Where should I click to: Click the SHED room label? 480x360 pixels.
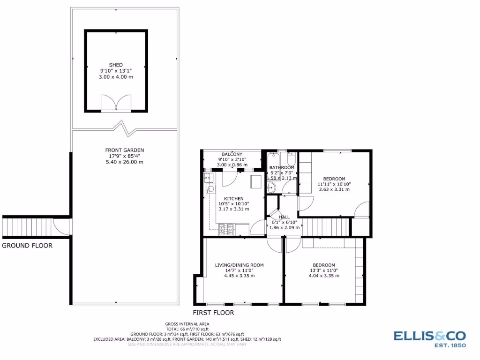pos(116,65)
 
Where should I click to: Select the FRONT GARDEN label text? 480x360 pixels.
pos(124,150)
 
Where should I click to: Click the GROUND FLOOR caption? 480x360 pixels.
pos(27,245)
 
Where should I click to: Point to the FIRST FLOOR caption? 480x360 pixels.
pos(213,312)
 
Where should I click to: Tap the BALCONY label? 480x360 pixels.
pos(232,154)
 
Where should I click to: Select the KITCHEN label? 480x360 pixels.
pos(233,198)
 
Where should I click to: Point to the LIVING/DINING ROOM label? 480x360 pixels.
pos(239,265)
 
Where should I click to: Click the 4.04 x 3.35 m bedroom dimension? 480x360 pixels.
pos(323,276)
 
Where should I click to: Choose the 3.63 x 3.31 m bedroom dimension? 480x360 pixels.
pos(334,189)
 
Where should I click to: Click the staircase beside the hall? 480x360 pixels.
pos(326,227)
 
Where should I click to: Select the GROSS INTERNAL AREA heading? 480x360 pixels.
pos(187,324)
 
